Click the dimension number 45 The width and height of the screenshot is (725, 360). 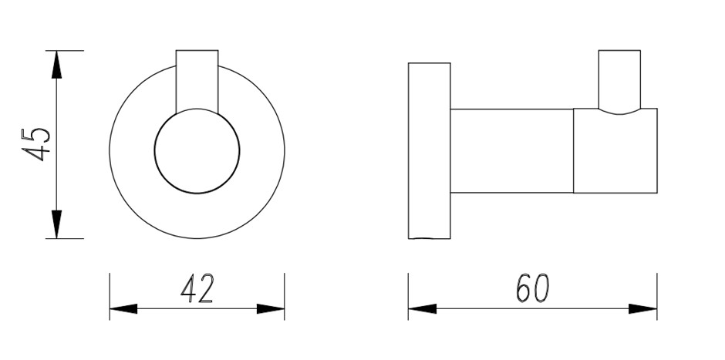tap(35, 144)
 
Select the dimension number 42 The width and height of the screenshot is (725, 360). tap(197, 289)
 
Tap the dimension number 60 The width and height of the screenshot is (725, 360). tap(532, 288)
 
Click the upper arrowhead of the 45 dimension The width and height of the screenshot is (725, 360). tap(56, 64)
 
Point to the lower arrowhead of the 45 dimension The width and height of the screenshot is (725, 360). tap(56, 224)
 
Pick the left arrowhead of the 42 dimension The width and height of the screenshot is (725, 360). tap(123, 308)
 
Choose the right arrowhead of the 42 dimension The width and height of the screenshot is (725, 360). tap(271, 308)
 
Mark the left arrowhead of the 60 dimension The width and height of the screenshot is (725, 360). tap(422, 308)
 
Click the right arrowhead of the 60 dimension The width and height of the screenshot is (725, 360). tap(642, 308)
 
